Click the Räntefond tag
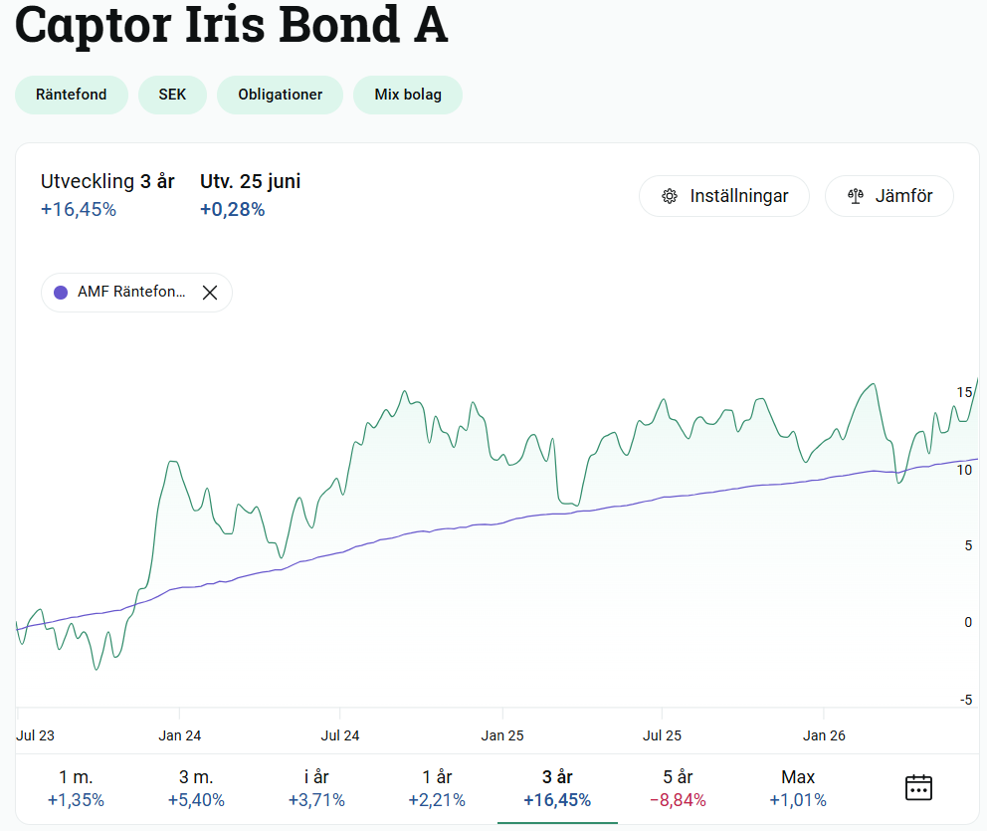(x=71, y=95)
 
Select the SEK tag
(x=172, y=95)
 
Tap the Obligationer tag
(x=281, y=95)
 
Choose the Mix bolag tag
(x=408, y=95)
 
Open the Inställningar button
(x=724, y=196)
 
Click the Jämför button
(x=889, y=196)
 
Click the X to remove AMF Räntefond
(x=210, y=293)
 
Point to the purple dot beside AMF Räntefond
(x=61, y=293)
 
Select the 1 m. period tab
(x=77, y=789)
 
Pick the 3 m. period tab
(x=196, y=789)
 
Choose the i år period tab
(x=316, y=789)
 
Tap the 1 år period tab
(x=437, y=789)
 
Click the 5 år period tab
(x=678, y=789)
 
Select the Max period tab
(x=798, y=789)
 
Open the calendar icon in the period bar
(x=918, y=787)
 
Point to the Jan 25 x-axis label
(x=502, y=735)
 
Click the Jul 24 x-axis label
(x=340, y=735)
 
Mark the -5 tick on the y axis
(x=966, y=700)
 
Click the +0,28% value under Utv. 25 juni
(x=232, y=209)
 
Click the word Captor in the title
(x=93, y=26)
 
